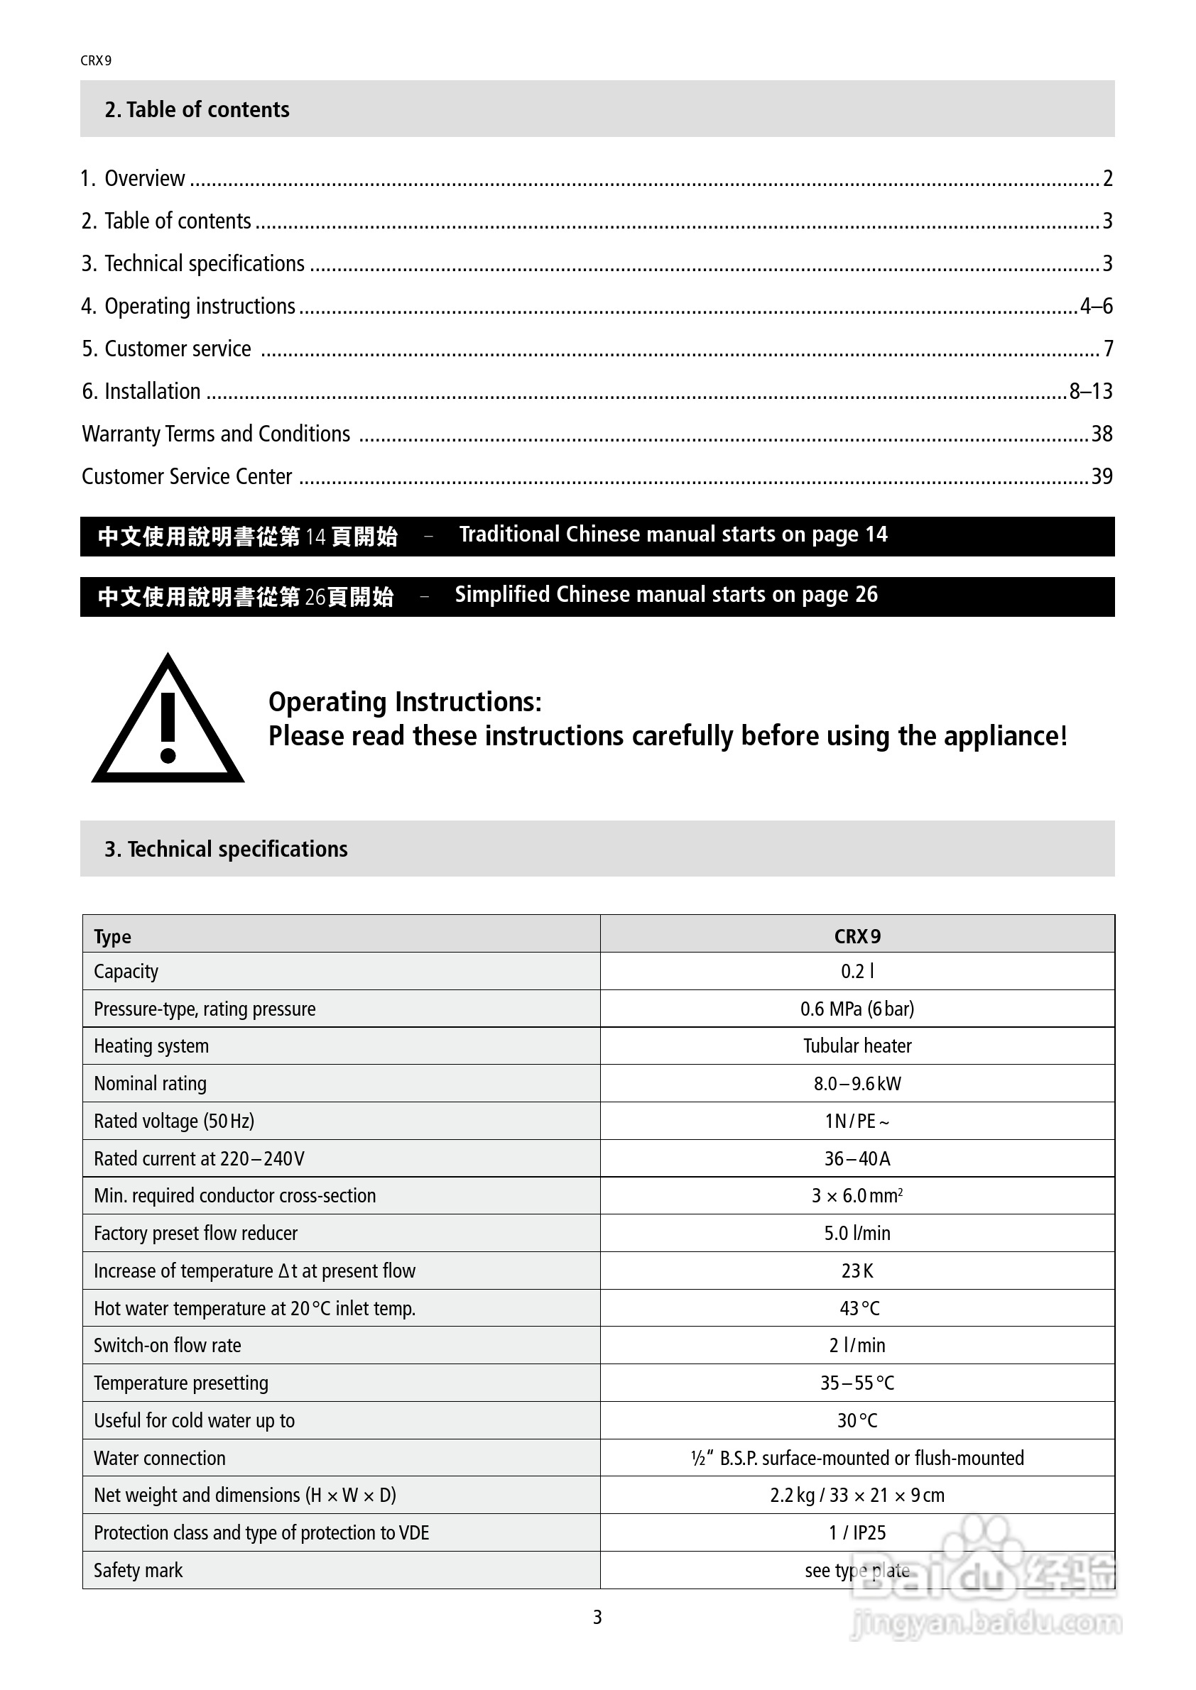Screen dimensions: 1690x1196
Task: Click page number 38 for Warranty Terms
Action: tap(1101, 434)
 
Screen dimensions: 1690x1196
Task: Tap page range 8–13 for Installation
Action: tap(1091, 392)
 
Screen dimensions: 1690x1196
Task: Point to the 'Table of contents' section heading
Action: tap(197, 110)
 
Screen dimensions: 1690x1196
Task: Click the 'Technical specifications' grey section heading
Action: tap(225, 850)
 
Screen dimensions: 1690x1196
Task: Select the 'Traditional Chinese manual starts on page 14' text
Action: tap(673, 534)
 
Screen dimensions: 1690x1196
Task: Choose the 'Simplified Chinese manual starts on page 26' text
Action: tap(665, 595)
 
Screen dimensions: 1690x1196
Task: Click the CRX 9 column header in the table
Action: tap(857, 936)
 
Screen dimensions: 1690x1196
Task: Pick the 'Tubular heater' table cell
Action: tap(857, 1046)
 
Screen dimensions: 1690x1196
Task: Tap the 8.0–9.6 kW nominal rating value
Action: tap(857, 1083)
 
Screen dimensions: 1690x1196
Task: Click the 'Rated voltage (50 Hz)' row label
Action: tap(174, 1121)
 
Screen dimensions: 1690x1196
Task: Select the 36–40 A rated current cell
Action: tap(857, 1158)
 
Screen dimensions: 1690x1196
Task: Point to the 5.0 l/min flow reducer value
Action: tap(857, 1233)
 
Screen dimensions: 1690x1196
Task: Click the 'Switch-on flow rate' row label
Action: tap(167, 1346)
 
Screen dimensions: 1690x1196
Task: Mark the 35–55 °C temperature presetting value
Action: tap(857, 1383)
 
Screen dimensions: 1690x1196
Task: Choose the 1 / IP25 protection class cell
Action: tap(857, 1532)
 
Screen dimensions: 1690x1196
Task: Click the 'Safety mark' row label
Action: tap(138, 1571)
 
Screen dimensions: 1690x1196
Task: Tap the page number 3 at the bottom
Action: tap(597, 1617)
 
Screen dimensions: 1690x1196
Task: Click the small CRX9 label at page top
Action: tap(96, 61)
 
